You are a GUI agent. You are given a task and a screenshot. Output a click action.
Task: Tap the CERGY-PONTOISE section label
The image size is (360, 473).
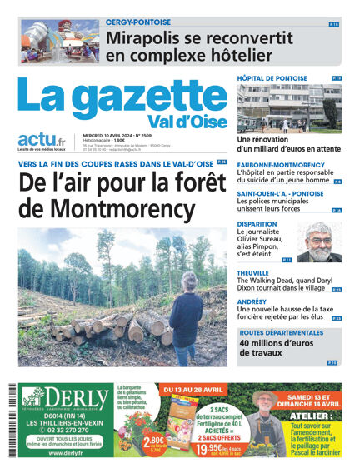tap(138, 22)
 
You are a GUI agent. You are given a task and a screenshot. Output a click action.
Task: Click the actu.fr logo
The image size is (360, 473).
tap(42, 141)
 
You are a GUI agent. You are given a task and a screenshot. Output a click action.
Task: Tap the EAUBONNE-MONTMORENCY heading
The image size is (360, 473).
tap(281, 165)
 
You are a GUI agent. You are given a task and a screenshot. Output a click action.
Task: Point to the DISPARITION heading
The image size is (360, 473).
tap(257, 224)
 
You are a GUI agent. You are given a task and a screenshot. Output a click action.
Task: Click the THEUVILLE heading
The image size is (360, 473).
tap(253, 273)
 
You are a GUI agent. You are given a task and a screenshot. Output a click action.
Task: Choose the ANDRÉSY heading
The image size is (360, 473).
tap(252, 301)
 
